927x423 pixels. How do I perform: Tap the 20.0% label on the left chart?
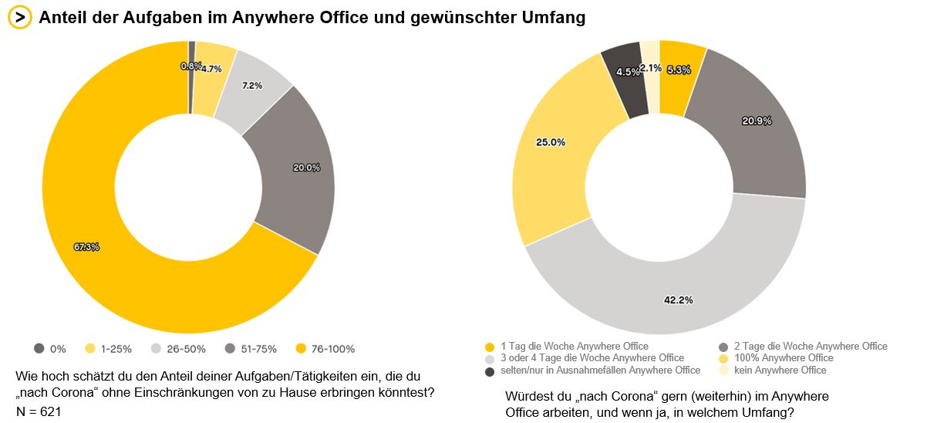pos(306,168)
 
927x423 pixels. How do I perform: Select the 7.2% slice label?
pos(252,86)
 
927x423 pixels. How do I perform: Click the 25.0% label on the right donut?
pos(551,142)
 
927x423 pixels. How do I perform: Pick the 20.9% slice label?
pos(757,120)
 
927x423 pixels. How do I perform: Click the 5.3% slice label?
pos(679,70)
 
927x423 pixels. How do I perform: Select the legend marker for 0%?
pos(39,349)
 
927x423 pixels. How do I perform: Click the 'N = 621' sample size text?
pos(39,411)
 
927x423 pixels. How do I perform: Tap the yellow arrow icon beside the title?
pos(19,18)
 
